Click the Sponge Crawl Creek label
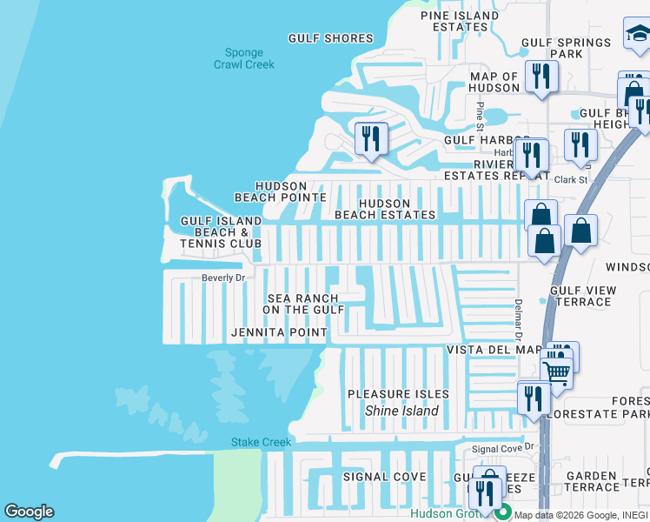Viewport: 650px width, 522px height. pos(244,58)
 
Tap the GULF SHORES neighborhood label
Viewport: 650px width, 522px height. pos(331,38)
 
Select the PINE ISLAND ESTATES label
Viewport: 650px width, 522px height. pos(460,21)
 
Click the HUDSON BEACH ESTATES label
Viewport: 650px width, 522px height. pos(385,209)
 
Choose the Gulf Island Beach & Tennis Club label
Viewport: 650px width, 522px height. pos(221,232)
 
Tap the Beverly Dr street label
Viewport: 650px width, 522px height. pos(223,278)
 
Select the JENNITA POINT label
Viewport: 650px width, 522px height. pos(279,332)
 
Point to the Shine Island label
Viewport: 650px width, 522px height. pos(401,411)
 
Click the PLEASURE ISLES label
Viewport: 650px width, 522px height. pos(398,394)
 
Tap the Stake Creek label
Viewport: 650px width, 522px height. pos(261,442)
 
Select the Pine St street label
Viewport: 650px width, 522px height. pos(479,113)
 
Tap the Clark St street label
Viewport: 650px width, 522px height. pos(571,180)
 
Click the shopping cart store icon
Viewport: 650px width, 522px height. pos(558,371)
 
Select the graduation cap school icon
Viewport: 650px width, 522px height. pos(637,35)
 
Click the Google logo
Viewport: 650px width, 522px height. pos(29,512)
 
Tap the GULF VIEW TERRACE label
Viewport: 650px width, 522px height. pos(583,296)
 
